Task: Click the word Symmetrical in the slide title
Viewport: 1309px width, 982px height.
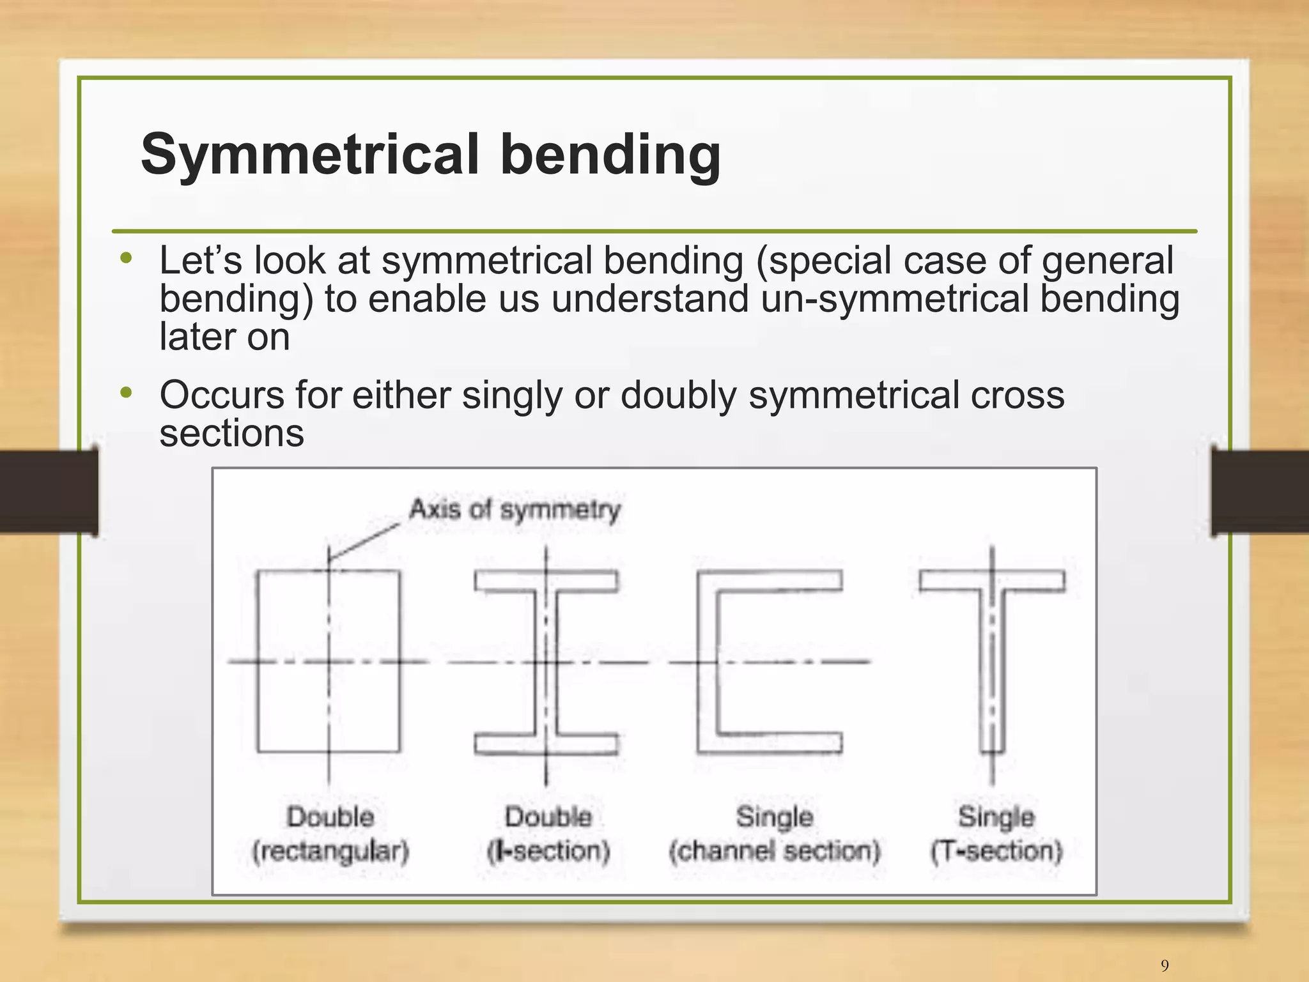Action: [310, 155]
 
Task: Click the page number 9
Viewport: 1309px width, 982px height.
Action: [1165, 965]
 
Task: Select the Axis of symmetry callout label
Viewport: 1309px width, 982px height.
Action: [515, 510]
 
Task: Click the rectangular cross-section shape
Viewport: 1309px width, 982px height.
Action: [329, 661]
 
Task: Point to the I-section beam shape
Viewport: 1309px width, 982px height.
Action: [546, 661]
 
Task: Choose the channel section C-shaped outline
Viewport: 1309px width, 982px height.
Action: [707, 661]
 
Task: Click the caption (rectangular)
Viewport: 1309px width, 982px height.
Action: [330, 851]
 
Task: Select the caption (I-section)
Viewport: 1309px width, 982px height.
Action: [548, 851]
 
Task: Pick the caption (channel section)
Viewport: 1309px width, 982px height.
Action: [775, 851]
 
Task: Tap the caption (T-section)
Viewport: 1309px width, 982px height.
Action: [996, 851]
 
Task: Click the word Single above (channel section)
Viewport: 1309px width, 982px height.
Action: [775, 817]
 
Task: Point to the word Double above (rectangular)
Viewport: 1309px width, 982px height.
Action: [330, 817]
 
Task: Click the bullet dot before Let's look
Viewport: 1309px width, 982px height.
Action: [126, 259]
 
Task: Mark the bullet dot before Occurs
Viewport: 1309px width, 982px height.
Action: [126, 393]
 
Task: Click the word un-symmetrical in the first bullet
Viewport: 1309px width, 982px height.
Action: [895, 298]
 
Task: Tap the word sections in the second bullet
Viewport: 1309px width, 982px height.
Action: [231, 433]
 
